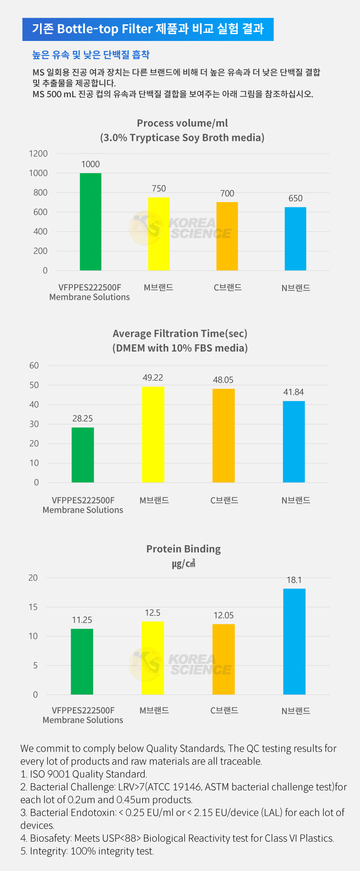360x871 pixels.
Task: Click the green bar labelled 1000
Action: tap(90, 221)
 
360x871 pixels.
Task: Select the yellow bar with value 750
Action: tap(159, 234)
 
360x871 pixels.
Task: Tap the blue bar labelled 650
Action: tap(295, 239)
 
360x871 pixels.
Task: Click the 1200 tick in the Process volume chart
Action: tap(38, 153)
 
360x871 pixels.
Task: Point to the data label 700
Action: tap(227, 194)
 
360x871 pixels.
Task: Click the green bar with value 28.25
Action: tap(83, 455)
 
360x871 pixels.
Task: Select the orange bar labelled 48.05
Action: tap(224, 435)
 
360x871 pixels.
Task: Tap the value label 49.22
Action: tap(153, 378)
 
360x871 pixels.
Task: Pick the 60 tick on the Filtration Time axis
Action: tap(34, 366)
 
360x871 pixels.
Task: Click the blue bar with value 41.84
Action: tap(294, 442)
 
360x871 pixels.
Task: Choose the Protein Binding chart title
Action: tap(184, 549)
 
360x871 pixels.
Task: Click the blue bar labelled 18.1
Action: tap(294, 641)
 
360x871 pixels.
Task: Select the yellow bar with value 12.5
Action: tap(153, 658)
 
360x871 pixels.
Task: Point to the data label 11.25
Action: tap(82, 620)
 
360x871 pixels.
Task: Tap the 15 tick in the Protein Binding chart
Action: tap(33, 607)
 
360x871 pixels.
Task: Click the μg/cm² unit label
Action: tap(184, 564)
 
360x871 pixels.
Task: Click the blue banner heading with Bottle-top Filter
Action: tap(148, 29)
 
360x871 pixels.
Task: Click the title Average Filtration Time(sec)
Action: tap(180, 334)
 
